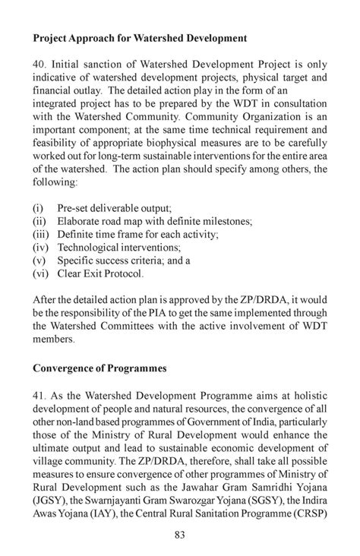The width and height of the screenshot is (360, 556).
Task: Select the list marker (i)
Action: (x=38, y=207)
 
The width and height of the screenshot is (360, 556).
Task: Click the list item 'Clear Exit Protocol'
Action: (x=100, y=274)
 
